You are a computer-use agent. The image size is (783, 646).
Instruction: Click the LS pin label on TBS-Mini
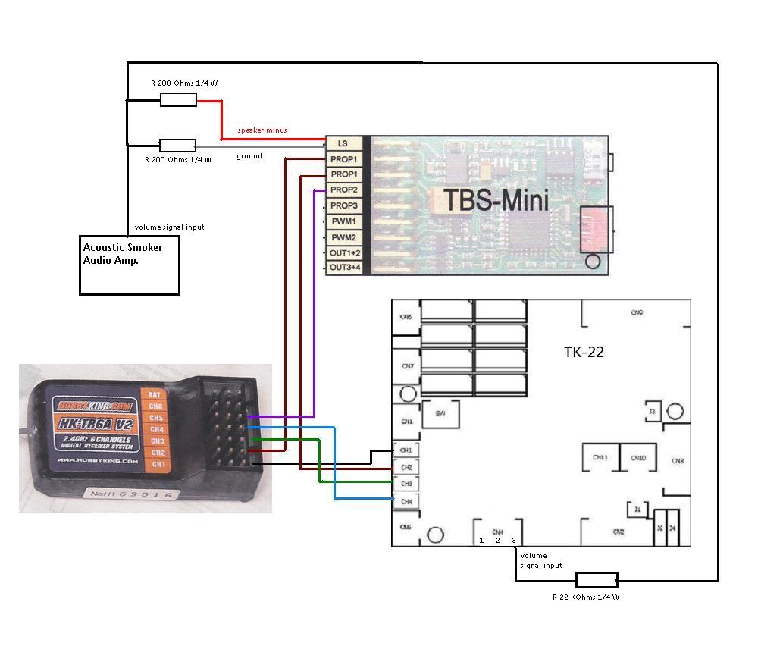pyautogui.click(x=343, y=143)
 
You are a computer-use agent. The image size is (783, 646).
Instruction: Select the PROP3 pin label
pyautogui.click(x=343, y=205)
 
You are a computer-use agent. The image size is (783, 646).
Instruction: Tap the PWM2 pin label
pyautogui.click(x=343, y=237)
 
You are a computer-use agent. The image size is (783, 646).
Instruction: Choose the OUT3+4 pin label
pyautogui.click(x=345, y=268)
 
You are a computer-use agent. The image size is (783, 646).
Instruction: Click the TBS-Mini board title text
pyautogui.click(x=496, y=200)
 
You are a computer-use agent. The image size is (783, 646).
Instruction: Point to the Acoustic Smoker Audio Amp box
pyautogui.click(x=130, y=265)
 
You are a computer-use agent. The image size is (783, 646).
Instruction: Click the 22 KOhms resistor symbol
pyautogui.click(x=597, y=580)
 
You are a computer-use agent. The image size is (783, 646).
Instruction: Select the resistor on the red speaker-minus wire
pyautogui.click(x=178, y=99)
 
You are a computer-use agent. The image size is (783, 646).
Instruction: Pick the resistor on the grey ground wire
pyautogui.click(x=177, y=146)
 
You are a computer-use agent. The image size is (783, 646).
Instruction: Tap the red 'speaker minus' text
pyautogui.click(x=262, y=130)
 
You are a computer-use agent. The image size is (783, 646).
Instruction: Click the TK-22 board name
pyautogui.click(x=584, y=352)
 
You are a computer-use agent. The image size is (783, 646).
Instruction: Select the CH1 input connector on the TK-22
pyautogui.click(x=406, y=450)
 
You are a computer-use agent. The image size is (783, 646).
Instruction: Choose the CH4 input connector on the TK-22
pyautogui.click(x=406, y=501)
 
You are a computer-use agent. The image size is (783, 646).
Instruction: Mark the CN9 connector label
pyautogui.click(x=637, y=312)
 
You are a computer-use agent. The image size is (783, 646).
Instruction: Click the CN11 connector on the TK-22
pyautogui.click(x=600, y=457)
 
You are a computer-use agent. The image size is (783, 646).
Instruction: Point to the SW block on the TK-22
pyautogui.click(x=440, y=413)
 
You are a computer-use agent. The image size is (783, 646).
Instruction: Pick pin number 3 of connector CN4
pyautogui.click(x=514, y=541)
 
